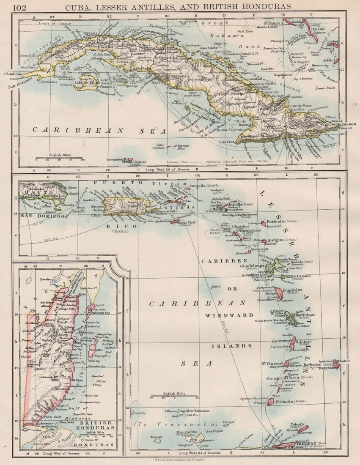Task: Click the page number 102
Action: tap(19, 6)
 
